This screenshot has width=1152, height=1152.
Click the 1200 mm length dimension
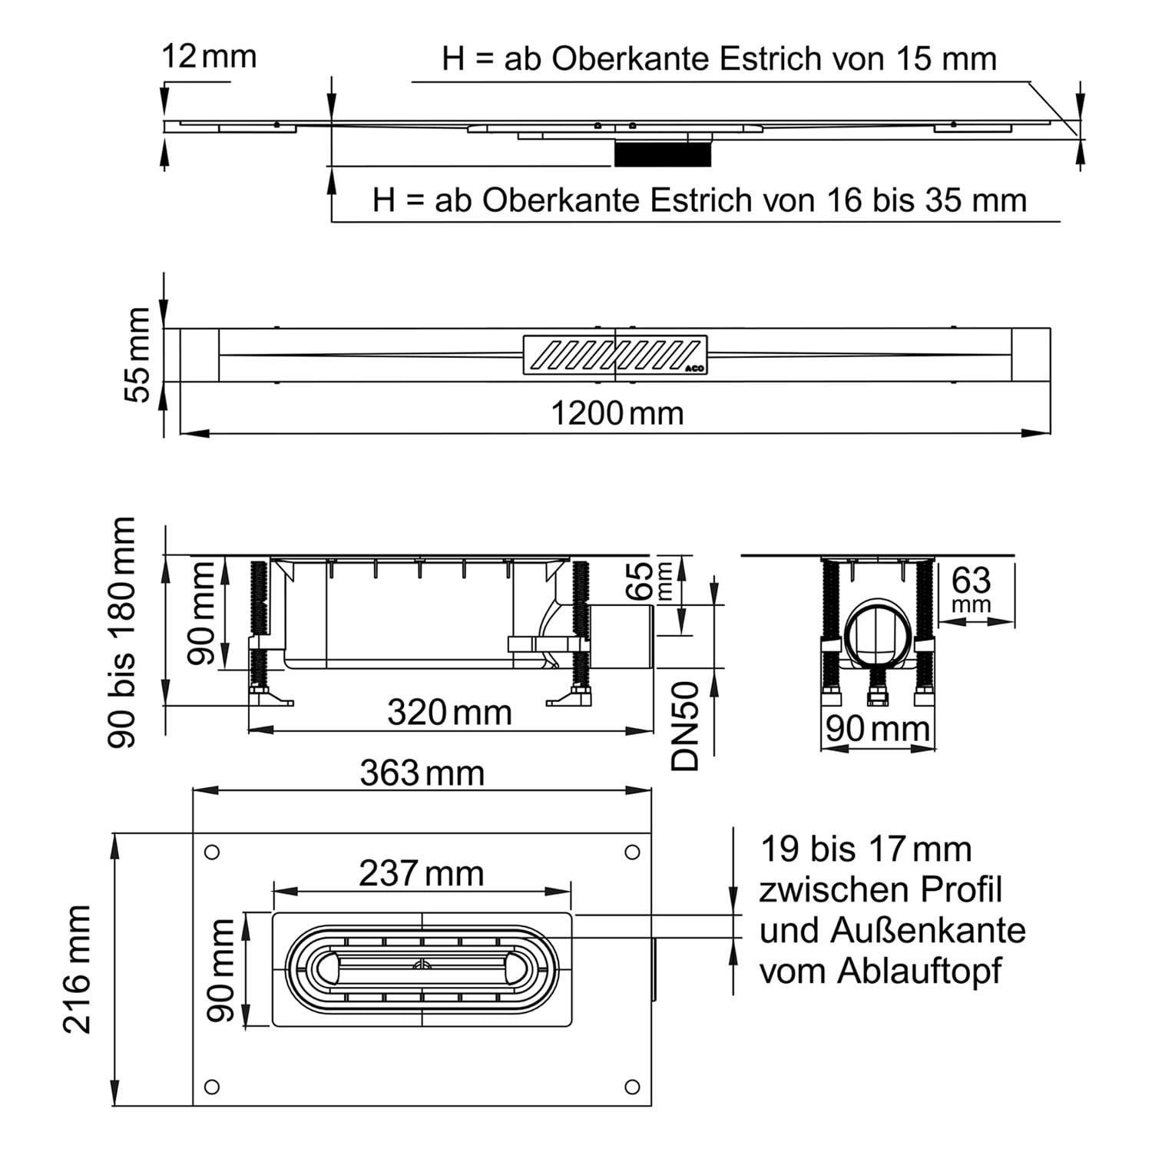click(617, 414)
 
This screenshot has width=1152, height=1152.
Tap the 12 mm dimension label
click(209, 57)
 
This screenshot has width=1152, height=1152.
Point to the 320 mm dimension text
click(449, 713)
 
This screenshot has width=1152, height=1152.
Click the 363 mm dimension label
click(422, 773)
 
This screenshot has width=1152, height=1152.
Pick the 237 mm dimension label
click(422, 873)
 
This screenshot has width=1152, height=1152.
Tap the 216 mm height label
click(78, 968)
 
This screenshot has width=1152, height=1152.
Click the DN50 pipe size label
click(686, 726)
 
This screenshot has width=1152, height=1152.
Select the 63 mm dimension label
click(972, 589)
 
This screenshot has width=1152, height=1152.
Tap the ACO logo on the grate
click(696, 368)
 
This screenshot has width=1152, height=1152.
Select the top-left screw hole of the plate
click(213, 852)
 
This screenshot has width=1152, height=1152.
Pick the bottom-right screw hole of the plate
click(632, 1087)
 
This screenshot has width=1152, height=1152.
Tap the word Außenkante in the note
click(928, 931)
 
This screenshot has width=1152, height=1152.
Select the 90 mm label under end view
click(878, 729)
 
